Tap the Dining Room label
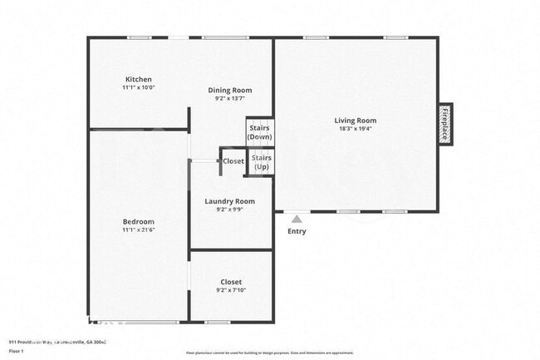point(230,90)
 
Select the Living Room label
point(356,121)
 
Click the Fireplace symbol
point(445,123)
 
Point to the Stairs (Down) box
point(260,132)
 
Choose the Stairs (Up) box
point(261,161)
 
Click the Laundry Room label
point(230,201)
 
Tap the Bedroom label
point(138,222)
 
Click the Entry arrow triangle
point(296,219)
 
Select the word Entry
point(297,231)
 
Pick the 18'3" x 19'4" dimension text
point(356,130)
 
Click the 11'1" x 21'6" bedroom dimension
point(138,230)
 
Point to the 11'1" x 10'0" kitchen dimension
point(138,86)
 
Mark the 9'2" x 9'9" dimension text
point(230,210)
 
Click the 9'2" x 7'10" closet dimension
point(231,291)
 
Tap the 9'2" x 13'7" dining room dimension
point(230,99)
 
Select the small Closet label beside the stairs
point(233,161)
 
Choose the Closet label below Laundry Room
point(231,282)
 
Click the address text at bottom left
point(57,342)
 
